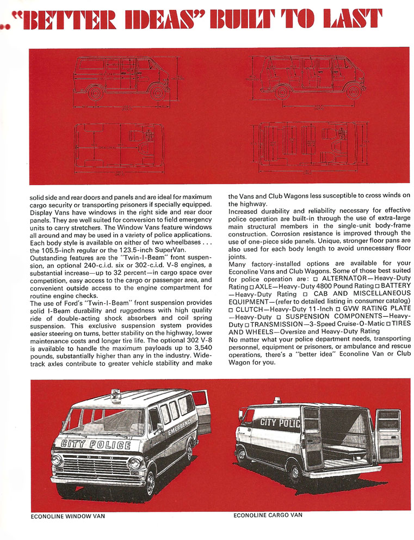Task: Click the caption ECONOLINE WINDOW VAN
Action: [68, 517]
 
